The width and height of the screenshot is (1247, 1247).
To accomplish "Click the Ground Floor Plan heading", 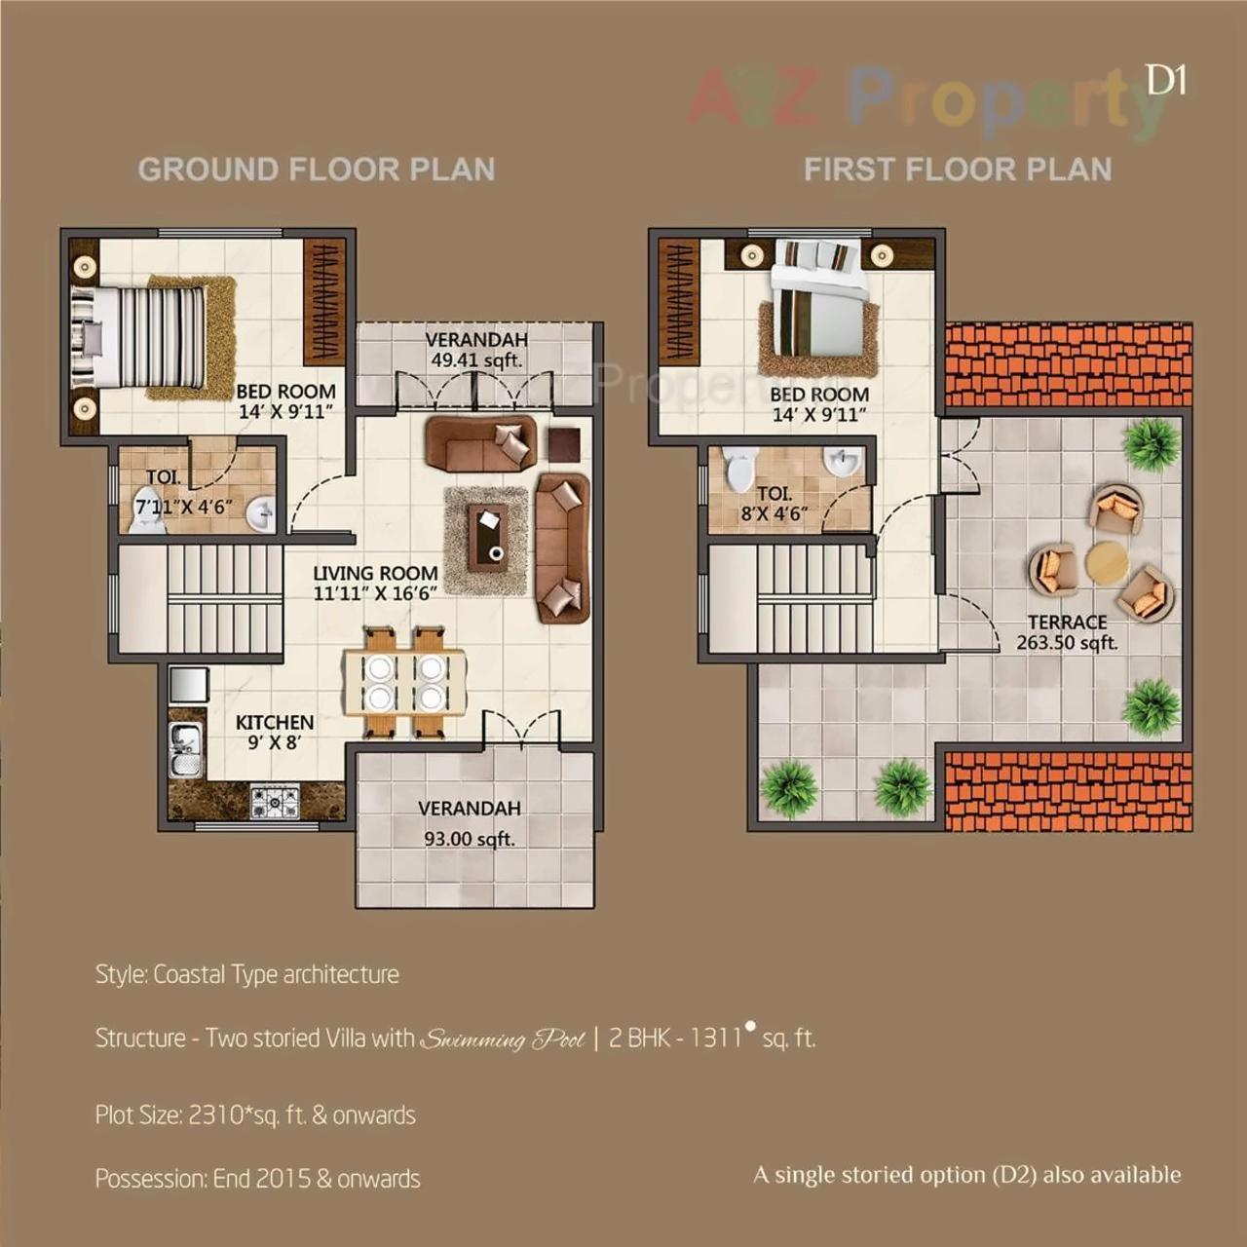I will [316, 170].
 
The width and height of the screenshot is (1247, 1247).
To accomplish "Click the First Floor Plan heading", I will [957, 170].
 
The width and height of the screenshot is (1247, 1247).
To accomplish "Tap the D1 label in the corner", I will [1165, 80].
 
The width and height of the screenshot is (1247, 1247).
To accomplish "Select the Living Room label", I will [375, 583].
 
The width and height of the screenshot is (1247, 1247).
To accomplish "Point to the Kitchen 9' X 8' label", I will [275, 732].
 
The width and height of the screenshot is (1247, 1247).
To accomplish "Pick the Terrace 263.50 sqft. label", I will [1067, 632].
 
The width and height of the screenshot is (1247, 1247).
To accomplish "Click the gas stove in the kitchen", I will [275, 802].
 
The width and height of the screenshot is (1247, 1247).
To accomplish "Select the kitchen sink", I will [185, 749].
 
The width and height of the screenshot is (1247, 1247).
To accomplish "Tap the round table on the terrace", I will [1107, 563].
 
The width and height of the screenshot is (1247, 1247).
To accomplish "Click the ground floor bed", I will [146, 336].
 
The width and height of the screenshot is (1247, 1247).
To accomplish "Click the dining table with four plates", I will [403, 681].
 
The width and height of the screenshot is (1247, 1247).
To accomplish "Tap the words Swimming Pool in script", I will [503, 1039].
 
